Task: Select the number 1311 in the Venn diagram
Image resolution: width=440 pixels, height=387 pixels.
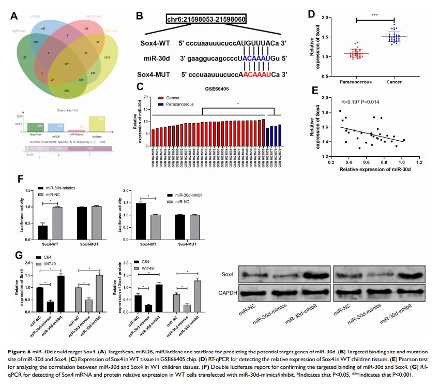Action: (121, 57)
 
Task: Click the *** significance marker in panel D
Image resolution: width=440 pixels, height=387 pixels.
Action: (375, 16)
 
